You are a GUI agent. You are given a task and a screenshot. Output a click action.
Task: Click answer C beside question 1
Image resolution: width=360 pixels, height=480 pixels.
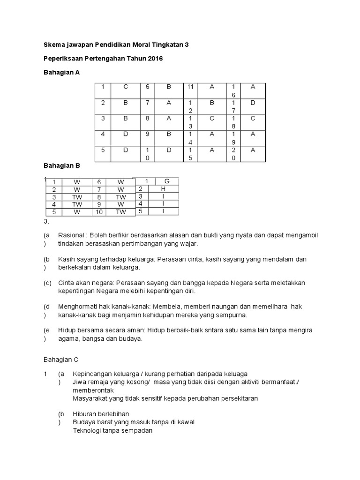pos(125,87)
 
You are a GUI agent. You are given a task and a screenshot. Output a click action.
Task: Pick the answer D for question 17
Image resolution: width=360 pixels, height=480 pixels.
pos(252,103)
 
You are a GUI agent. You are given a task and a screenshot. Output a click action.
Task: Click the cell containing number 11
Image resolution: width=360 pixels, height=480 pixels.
pos(190,87)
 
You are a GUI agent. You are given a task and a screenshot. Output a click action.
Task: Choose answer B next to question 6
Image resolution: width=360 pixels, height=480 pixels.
pos(168,87)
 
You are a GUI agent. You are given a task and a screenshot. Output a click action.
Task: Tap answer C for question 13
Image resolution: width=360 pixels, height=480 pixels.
pos(212,119)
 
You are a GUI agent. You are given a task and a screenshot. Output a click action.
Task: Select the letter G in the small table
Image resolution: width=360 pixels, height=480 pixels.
pos(166,181)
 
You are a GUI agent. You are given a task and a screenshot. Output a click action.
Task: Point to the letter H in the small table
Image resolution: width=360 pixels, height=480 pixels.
pos(163,189)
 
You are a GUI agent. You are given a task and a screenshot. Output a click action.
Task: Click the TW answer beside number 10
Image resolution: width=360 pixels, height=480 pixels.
pos(121,212)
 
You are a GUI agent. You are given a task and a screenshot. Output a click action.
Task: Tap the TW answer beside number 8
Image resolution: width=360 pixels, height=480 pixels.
pos(121,197)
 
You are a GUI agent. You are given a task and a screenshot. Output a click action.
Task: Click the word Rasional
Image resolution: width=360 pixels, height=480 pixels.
pos(72,235)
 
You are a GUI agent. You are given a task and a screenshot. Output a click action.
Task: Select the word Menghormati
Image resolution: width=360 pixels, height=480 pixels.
pos(78,307)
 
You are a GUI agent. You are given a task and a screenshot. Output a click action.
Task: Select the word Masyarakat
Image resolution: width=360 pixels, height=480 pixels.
pos(90,398)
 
